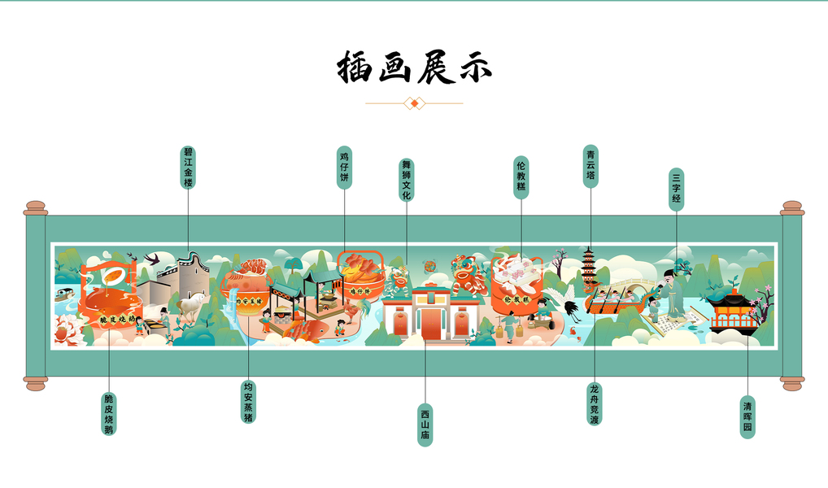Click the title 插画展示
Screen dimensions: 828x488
[414, 68]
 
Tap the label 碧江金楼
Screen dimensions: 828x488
[188, 168]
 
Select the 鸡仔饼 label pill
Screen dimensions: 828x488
[344, 168]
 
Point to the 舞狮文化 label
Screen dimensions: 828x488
[406, 179]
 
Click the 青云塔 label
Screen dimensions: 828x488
[590, 166]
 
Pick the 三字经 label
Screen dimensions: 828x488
[676, 190]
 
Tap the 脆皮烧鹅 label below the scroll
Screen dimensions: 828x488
[108, 414]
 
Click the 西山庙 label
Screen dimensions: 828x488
[425, 425]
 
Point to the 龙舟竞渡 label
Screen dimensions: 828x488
[594, 404]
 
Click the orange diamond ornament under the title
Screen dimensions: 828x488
[415, 103]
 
